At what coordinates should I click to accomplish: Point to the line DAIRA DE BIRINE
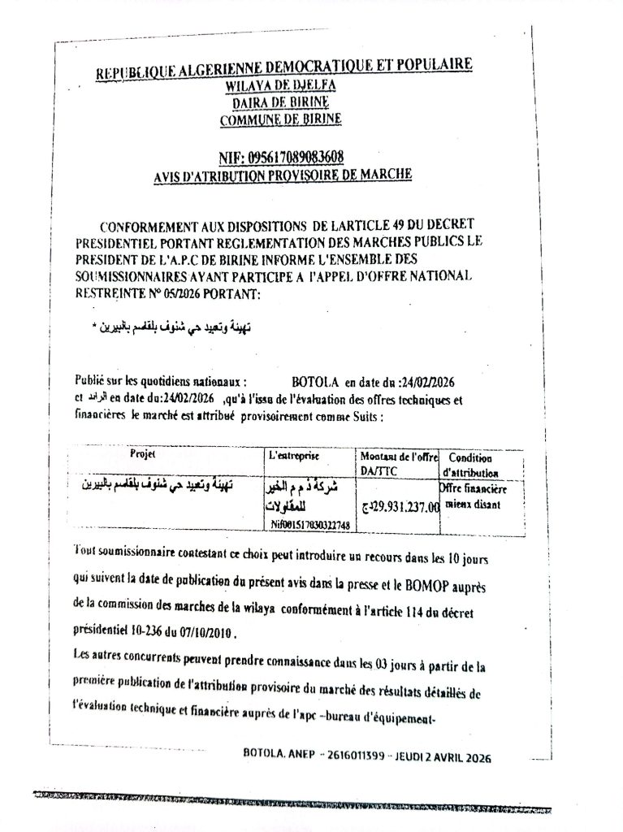coord(281,103)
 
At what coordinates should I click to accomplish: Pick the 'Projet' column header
coord(143,454)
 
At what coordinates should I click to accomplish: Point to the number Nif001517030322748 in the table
coord(310,526)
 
